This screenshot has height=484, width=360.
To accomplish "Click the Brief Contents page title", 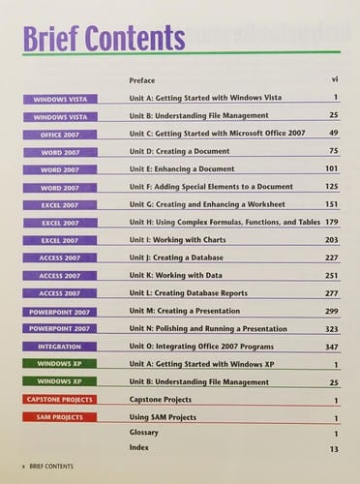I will tap(103, 39).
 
